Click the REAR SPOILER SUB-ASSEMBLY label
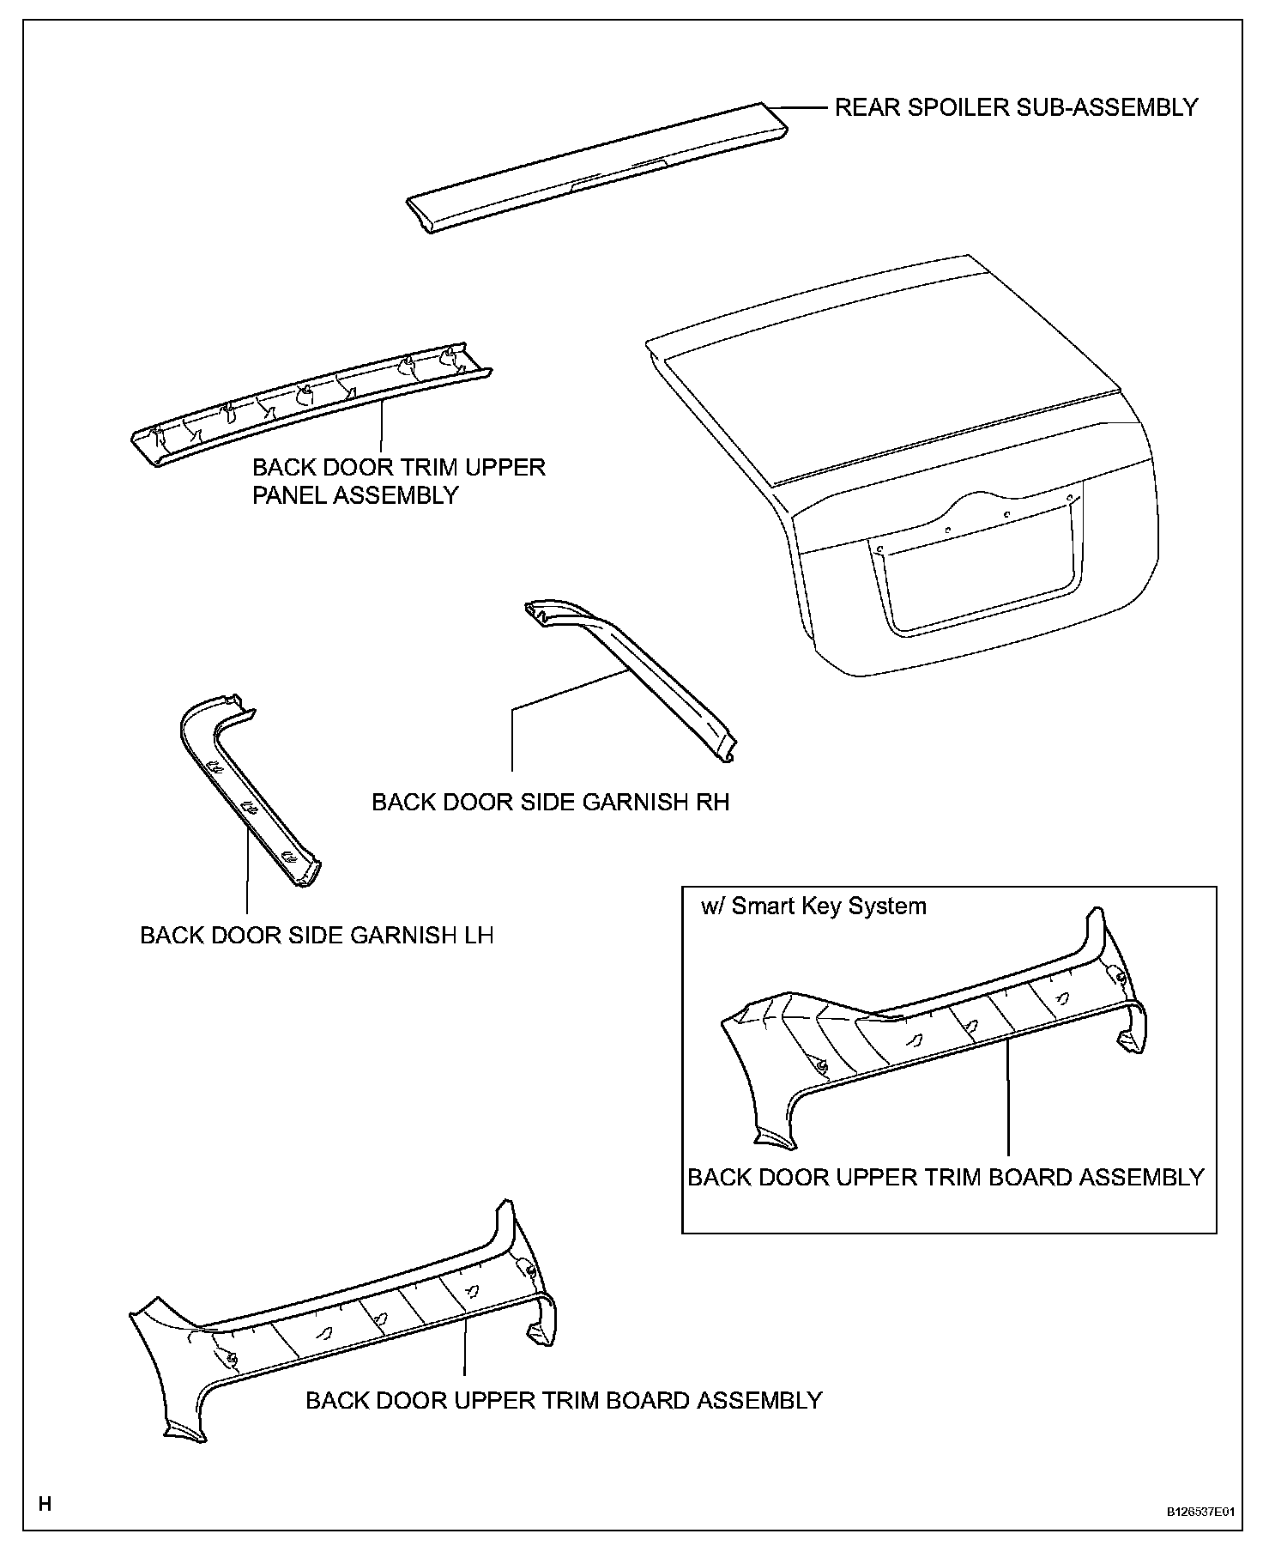click(x=1016, y=107)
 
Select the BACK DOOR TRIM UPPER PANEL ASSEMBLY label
click(x=398, y=481)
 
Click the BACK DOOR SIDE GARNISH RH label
click(x=550, y=802)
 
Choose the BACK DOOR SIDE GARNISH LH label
click(x=317, y=935)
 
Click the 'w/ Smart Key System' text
click(x=813, y=906)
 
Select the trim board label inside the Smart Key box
click(x=946, y=1177)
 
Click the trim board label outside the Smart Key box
click(x=564, y=1400)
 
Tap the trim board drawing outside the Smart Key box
click(x=343, y=1322)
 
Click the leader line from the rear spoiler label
click(x=802, y=107)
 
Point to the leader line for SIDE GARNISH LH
click(x=247, y=876)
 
